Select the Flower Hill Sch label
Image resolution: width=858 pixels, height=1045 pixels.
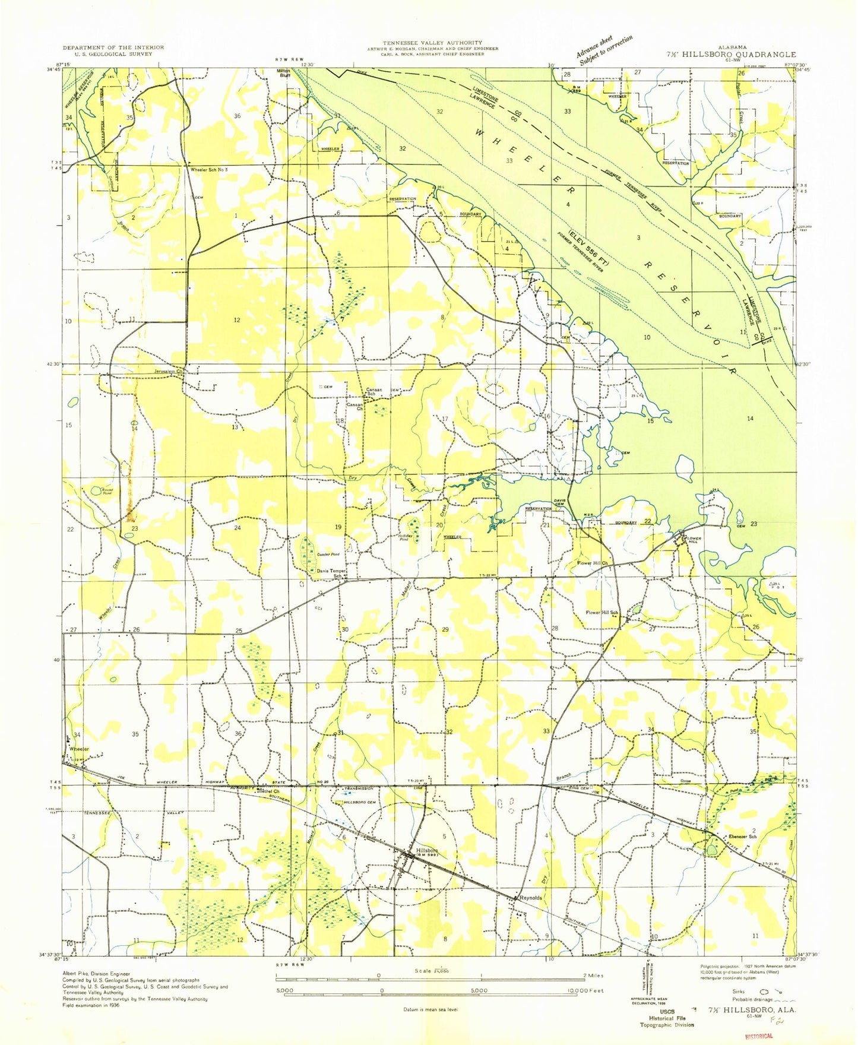point(602,613)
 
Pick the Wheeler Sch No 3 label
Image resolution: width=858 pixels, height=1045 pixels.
point(209,170)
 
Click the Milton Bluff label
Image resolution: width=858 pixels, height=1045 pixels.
point(283,73)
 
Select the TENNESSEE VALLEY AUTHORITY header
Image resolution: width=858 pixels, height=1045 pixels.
point(432,43)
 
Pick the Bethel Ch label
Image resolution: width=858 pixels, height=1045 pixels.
point(267,791)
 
